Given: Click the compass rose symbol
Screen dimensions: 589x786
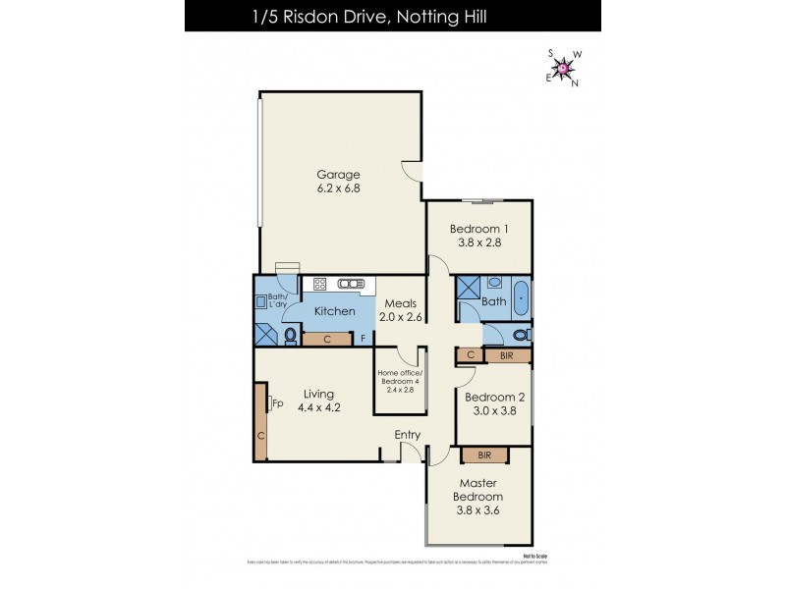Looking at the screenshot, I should [563, 67].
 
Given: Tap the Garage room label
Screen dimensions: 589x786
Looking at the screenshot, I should [338, 175].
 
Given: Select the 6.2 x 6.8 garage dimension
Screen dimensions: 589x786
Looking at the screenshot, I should [338, 188].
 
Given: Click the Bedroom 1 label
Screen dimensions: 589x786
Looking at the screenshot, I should [478, 229].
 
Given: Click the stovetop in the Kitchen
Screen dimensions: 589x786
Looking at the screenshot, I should [320, 285].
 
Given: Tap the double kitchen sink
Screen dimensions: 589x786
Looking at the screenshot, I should [351, 285].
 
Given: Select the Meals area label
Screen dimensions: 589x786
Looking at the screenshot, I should [403, 303].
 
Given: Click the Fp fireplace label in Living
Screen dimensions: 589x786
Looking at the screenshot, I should [278, 402].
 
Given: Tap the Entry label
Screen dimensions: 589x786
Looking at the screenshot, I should [408, 435].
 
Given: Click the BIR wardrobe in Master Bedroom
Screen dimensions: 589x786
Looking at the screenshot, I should [484, 455].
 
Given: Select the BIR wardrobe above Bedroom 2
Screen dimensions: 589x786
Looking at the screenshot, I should [507, 355].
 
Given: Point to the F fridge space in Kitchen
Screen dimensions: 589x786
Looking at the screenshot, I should [364, 340].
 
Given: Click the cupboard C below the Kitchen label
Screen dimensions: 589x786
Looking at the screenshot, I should [326, 340].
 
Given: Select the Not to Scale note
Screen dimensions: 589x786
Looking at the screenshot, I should [534, 556].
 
